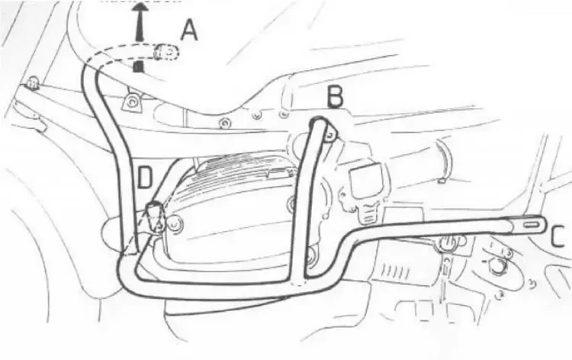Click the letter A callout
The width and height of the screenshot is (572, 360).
pyautogui.click(x=188, y=30)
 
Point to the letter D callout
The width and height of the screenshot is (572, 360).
pyautogui.click(x=145, y=178)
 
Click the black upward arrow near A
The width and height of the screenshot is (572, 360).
pyautogui.click(x=140, y=21)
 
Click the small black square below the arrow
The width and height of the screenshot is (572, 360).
pyautogui.click(x=138, y=67)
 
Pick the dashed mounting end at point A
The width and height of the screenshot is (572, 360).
pyautogui.click(x=166, y=52)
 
